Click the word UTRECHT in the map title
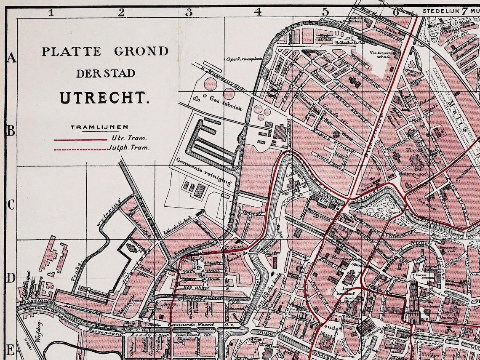104,98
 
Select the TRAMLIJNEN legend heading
99,127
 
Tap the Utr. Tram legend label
130,138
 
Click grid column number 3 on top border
189,12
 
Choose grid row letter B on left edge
11,131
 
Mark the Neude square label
327,327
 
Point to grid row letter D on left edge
11,278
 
